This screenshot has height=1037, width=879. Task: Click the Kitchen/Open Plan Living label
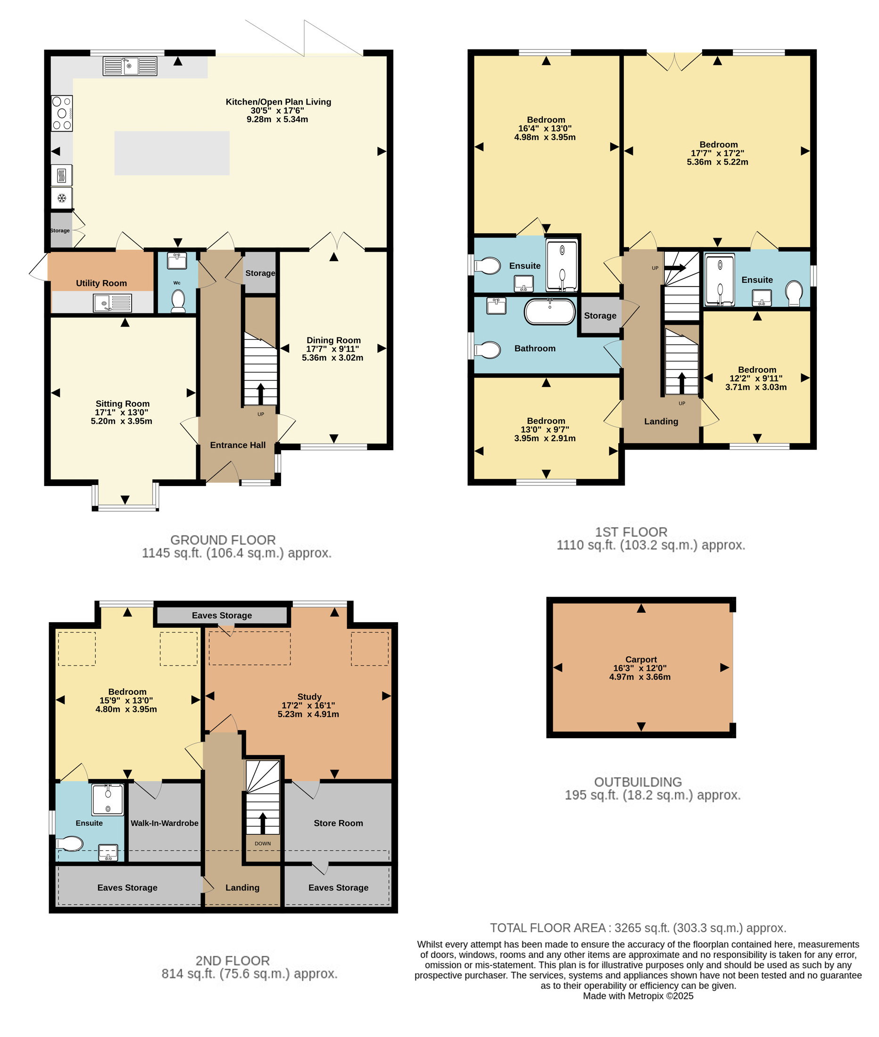pos(278,102)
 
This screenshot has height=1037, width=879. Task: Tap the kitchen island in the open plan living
pos(172,153)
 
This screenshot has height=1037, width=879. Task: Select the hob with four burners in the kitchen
pos(62,114)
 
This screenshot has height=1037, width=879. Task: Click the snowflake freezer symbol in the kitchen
pos(62,198)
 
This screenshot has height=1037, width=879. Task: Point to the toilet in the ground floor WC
pos(178,301)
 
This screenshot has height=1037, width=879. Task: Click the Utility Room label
pos(101,283)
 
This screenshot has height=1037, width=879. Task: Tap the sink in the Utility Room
pos(113,303)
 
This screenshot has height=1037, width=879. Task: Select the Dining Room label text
pos(333,340)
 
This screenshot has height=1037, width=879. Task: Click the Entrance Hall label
pos(238,445)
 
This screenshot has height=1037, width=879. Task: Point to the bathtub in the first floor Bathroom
pos(550,312)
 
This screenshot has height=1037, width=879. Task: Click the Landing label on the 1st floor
pos(661,421)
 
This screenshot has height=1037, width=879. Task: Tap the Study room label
pos(309,697)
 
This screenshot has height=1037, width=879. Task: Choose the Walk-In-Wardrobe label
pos(165,823)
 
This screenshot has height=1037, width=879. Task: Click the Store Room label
pos(338,823)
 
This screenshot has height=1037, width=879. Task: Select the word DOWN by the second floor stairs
pos(263,844)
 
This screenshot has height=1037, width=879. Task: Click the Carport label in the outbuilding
pos(641,659)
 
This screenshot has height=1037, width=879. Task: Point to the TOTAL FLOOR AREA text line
pos(638,928)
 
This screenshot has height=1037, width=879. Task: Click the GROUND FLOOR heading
pos(223,540)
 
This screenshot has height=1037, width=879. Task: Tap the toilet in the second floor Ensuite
pos(69,844)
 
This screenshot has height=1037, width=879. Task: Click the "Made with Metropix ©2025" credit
pos(638,996)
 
